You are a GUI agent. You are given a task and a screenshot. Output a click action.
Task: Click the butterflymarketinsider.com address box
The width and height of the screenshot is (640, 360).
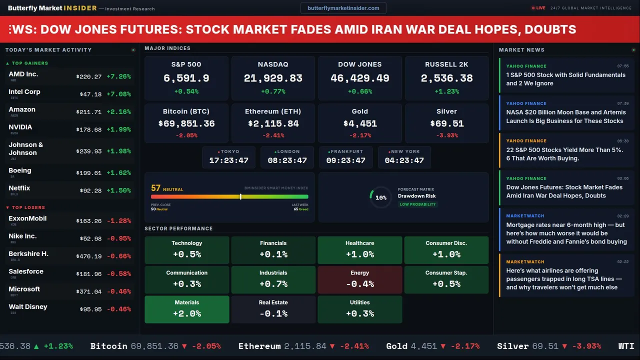343,8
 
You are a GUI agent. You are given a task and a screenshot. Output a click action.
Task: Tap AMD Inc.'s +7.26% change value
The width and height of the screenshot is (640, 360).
119,76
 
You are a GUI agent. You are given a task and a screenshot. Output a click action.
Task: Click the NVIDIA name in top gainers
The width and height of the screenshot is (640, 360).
20,127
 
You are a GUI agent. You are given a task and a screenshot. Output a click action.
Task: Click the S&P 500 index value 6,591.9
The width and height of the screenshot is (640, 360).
186,78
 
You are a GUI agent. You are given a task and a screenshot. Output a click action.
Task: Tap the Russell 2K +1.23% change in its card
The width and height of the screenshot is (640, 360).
446,91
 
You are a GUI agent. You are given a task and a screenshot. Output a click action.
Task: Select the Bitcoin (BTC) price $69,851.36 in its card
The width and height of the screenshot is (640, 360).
186,123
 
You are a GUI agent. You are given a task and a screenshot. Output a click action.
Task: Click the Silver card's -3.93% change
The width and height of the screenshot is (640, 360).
446,135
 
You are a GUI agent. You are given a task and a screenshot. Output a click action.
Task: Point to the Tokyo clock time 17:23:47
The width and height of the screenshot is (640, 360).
228,160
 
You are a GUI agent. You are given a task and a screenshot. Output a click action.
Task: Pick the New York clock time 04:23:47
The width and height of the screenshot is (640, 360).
404,160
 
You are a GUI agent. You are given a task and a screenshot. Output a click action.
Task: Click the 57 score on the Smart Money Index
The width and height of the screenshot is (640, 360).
156,188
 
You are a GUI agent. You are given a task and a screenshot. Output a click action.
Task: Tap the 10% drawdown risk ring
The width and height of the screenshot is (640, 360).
380,197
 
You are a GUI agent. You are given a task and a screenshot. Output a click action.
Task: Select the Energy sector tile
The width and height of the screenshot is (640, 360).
359,279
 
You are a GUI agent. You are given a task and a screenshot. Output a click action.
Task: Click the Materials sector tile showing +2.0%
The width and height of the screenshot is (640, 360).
186,309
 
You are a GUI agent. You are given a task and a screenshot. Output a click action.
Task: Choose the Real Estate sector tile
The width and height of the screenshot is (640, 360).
273,309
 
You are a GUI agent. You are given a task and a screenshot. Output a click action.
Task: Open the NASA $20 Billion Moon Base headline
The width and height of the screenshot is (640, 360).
565,116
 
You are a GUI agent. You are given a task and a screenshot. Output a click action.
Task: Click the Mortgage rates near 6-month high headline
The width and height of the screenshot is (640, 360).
566,233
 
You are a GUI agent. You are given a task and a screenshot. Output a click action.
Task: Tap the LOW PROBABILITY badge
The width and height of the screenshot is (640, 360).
417,204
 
